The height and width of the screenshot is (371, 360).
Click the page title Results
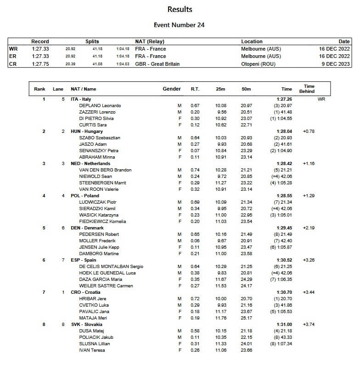[180, 9]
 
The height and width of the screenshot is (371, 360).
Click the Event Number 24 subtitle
[180, 25]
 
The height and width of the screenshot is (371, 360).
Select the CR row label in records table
[12, 64]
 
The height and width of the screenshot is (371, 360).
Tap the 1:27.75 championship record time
[40, 64]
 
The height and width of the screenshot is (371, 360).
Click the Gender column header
[172, 89]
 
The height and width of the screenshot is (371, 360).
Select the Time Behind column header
[309, 89]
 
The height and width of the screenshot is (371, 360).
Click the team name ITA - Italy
[81, 99]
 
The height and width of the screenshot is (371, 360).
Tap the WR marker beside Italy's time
[321, 99]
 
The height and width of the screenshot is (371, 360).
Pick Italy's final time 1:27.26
[284, 99]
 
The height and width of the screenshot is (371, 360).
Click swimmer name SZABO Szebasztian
[100, 138]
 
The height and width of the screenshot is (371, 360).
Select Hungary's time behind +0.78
[309, 131]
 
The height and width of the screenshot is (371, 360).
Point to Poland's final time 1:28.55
[284, 196]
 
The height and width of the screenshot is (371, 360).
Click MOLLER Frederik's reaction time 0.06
[195, 241]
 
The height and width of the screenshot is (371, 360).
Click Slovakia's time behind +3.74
[309, 325]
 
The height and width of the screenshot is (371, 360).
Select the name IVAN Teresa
[92, 350]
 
